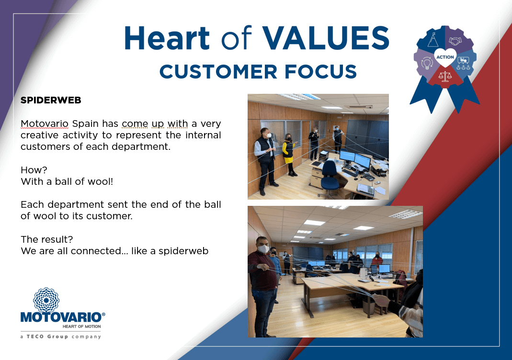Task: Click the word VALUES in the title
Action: [326, 38]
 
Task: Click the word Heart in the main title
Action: [167, 38]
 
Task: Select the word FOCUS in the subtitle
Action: [320, 71]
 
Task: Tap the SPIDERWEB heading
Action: [51, 100]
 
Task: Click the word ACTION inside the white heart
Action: [445, 57]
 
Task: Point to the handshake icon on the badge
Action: [455, 41]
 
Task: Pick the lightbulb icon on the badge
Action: [427, 63]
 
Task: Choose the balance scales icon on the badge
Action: [445, 76]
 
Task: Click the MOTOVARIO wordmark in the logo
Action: [61, 317]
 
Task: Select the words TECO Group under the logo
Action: [47, 337]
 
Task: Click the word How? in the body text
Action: [34, 170]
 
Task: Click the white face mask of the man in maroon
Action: [263, 249]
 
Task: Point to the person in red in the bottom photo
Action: [377, 261]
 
